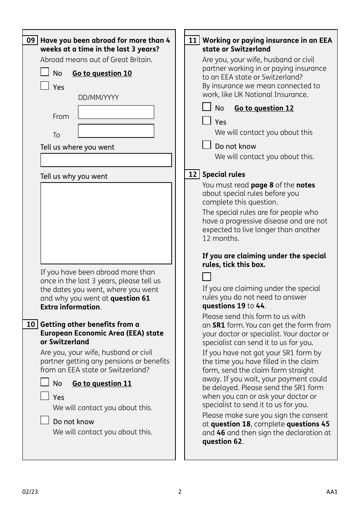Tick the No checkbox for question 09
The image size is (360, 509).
(45, 72)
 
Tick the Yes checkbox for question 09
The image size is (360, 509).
(45, 86)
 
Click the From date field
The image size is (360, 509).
(116, 112)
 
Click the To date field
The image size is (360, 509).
(116, 131)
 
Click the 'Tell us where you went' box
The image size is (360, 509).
(106, 160)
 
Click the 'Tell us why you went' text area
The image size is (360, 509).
(106, 223)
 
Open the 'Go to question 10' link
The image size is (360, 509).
(102, 73)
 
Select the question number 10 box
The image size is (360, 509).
(30, 325)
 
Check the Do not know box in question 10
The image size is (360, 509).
(45, 420)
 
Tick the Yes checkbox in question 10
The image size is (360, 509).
(45, 396)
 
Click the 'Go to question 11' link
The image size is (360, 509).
(102, 384)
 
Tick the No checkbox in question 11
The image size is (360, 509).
(207, 107)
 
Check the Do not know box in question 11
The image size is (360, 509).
(207, 145)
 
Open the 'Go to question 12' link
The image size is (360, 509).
(264, 108)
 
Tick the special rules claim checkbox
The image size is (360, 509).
(207, 277)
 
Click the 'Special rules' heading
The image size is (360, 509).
(224, 175)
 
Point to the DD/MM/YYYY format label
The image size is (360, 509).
(98, 98)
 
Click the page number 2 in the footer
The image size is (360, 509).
(180, 492)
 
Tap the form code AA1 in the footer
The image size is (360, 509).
(332, 492)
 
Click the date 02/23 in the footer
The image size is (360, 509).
(30, 492)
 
